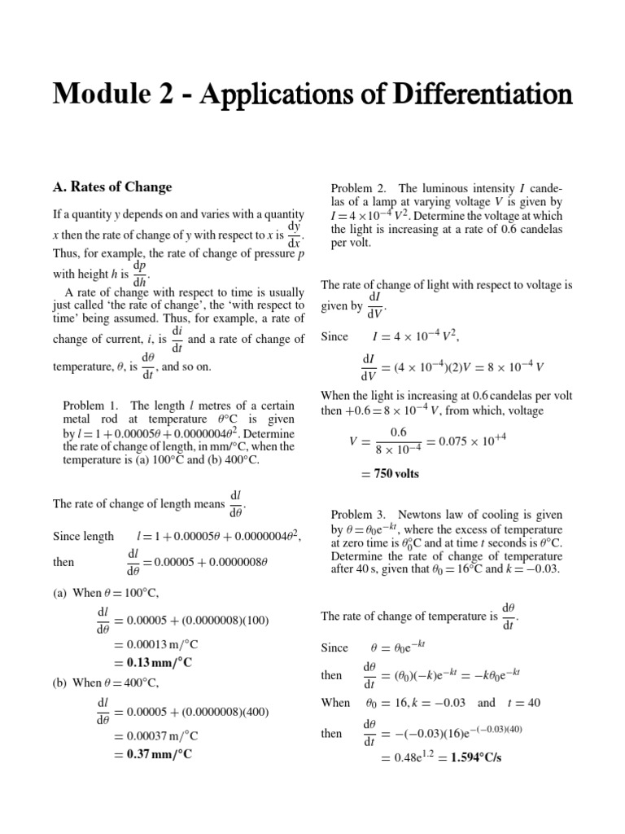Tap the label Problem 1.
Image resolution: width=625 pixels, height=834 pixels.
(90, 405)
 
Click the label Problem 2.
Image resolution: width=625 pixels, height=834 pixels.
(359, 187)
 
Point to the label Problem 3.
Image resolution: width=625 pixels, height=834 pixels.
(359, 514)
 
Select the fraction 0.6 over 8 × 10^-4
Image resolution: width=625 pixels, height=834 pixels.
(398, 441)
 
